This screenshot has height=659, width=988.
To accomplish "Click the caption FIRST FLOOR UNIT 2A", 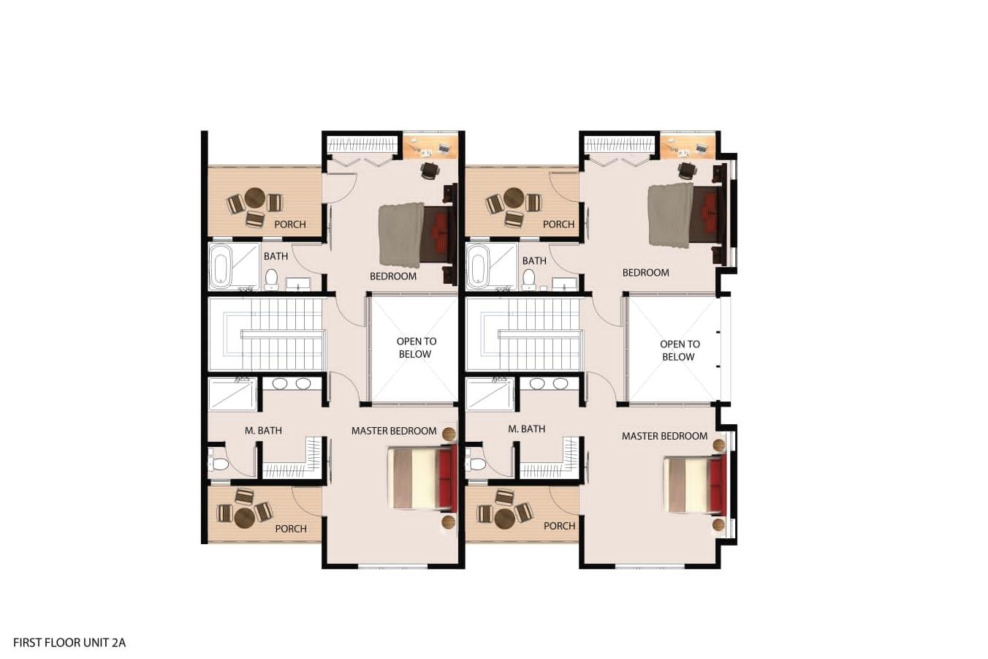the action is pos(69,643).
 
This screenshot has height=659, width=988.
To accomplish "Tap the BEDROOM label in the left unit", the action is pos(393,276).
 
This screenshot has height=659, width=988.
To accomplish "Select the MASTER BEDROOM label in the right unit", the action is pos(664,436).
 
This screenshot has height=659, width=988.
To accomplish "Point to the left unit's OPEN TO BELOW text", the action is pos(416,347).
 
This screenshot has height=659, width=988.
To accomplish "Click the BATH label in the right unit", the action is pos(534,261).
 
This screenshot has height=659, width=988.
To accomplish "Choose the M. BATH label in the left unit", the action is pos(263,430).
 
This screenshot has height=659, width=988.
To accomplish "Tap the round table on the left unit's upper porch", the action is pos(254,197).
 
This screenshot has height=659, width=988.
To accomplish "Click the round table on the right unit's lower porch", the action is pos(504,518).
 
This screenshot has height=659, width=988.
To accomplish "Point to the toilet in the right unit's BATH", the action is pos(528,279).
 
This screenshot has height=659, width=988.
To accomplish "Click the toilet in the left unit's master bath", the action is pos(219,464).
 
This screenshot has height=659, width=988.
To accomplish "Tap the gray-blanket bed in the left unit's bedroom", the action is pos(417,234).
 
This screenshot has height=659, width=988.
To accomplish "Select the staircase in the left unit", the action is pos(267,334).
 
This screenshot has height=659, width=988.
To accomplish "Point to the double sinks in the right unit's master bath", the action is pos(548,383).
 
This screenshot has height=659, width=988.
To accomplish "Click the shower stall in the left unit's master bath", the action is pos(232,394).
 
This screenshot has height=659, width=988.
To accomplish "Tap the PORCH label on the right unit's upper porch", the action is pos(558,225).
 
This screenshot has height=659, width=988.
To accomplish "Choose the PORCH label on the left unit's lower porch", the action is pos(291,528).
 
